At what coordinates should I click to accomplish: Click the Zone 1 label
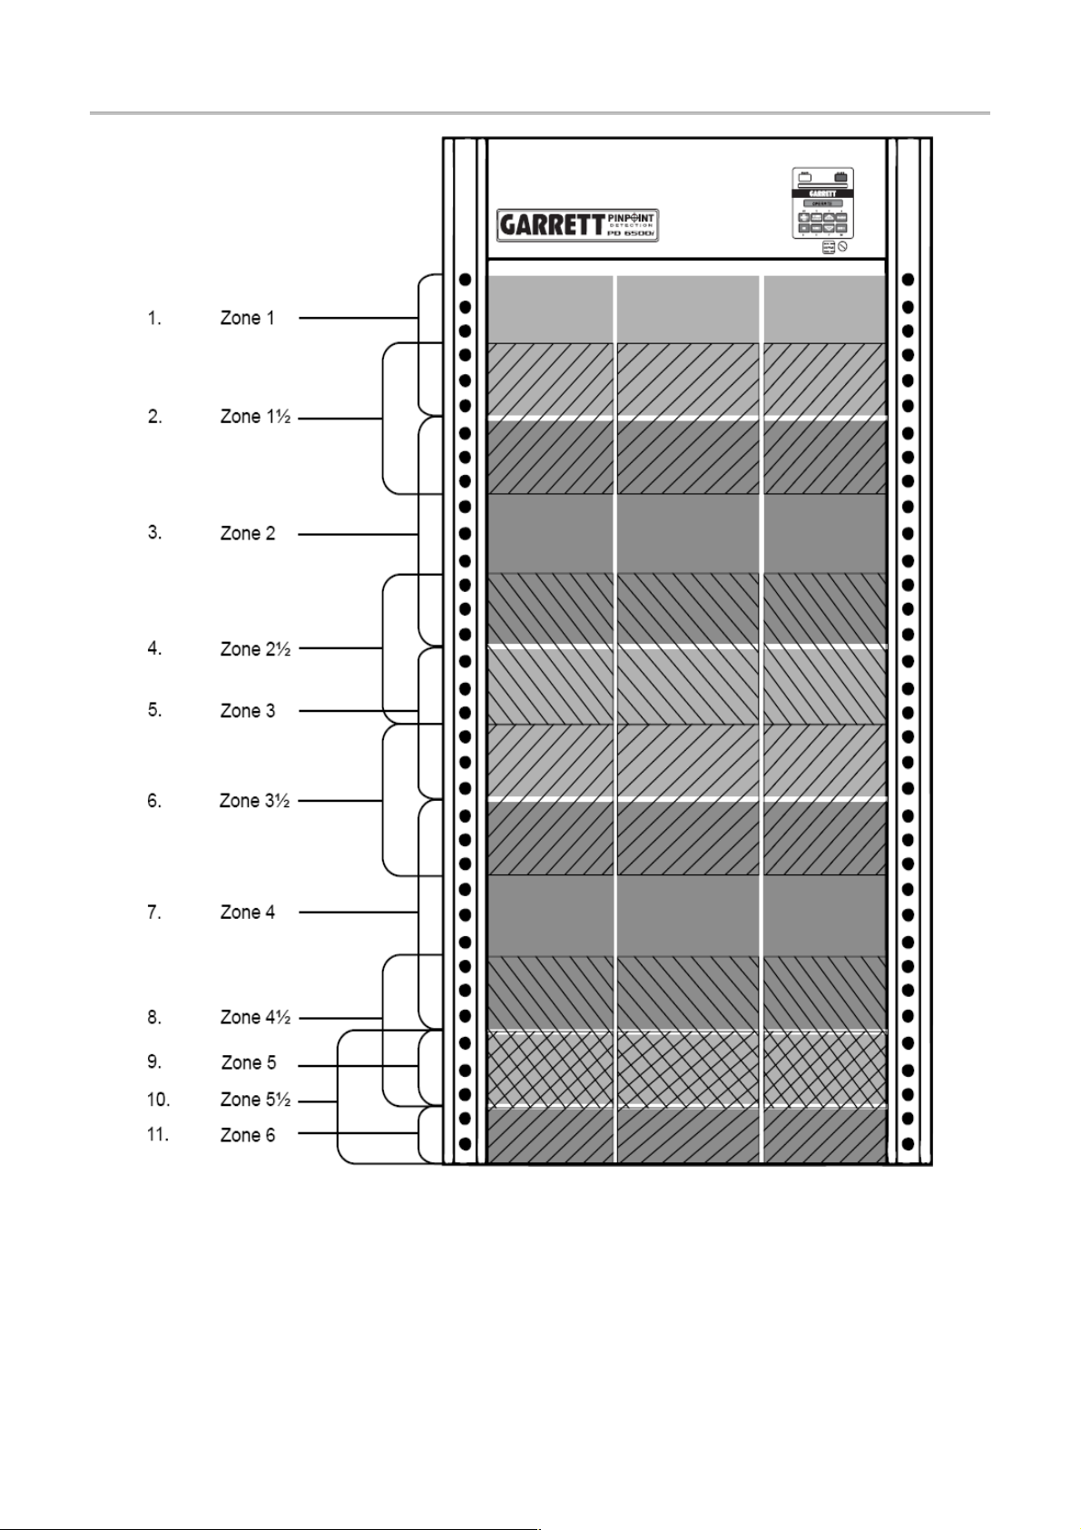click(247, 318)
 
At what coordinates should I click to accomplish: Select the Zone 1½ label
click(255, 417)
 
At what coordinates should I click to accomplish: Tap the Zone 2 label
click(247, 533)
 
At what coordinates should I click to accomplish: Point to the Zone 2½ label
click(255, 648)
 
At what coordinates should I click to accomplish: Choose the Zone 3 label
click(247, 710)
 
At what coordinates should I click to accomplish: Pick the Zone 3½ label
click(254, 800)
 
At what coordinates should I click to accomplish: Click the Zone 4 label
click(247, 912)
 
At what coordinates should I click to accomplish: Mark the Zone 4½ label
click(255, 1017)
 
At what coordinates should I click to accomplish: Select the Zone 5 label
click(248, 1062)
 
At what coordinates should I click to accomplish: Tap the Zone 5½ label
click(255, 1100)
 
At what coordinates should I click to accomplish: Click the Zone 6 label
click(247, 1135)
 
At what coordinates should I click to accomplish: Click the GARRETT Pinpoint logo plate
click(578, 224)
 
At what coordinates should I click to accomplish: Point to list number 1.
click(154, 318)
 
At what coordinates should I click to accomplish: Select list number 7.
click(154, 912)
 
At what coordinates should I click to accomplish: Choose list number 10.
click(158, 1100)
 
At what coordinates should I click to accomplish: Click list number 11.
click(158, 1135)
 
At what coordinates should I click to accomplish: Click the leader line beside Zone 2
click(358, 534)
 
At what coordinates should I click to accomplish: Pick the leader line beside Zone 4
click(358, 912)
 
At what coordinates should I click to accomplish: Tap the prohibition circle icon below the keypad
click(842, 247)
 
